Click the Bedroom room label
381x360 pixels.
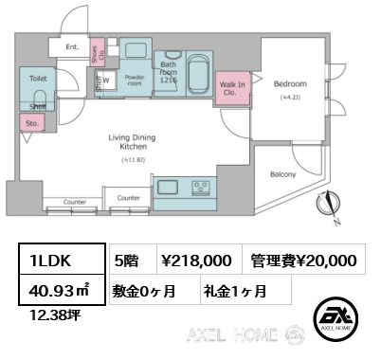coord(289,84)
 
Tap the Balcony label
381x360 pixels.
coord(282,174)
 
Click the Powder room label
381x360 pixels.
coord(133,81)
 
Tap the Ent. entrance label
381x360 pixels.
coord(72,46)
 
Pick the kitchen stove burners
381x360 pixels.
coord(202,186)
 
